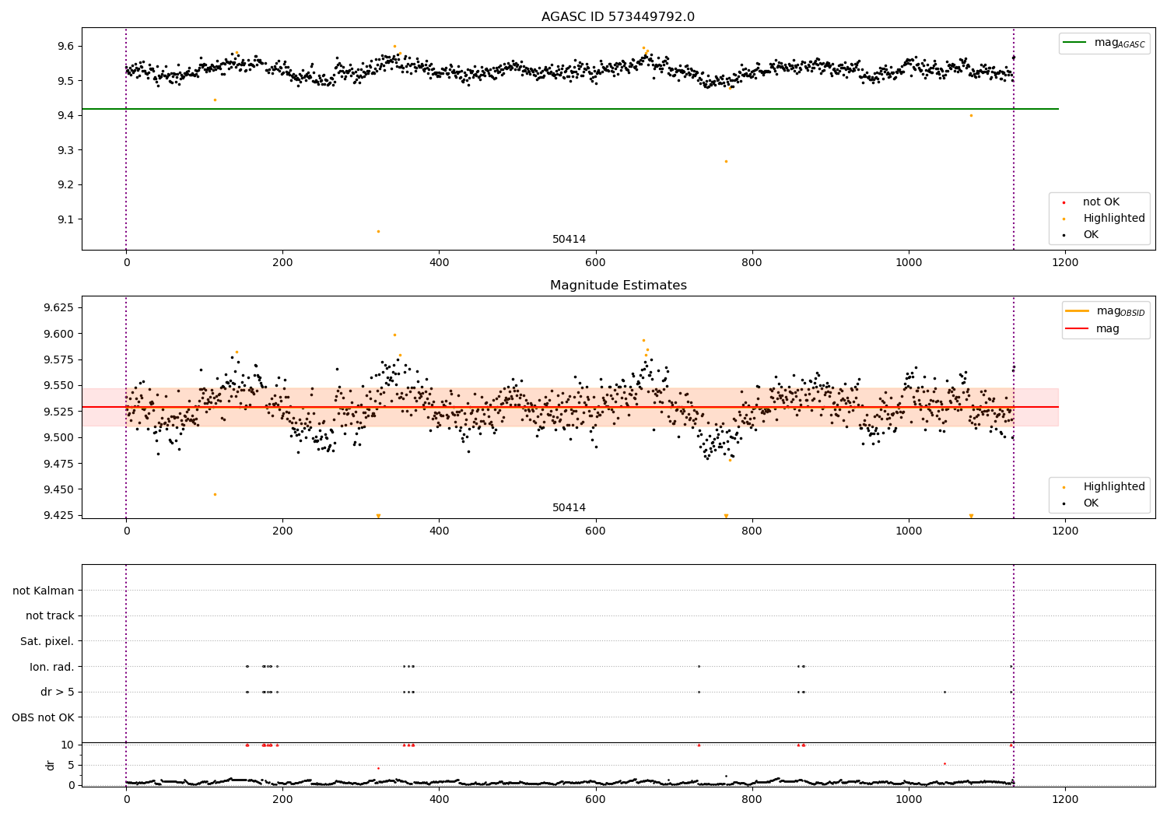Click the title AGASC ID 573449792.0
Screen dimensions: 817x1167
(618, 17)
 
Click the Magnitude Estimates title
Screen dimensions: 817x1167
(618, 286)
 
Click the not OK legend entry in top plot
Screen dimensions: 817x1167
(1101, 202)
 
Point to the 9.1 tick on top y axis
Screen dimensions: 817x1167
(64, 219)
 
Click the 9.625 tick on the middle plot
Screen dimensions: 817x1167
(58, 307)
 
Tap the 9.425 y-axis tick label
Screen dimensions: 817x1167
(58, 515)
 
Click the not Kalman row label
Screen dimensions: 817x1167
(44, 591)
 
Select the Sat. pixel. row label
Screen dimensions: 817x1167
(47, 641)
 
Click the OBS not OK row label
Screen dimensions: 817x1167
(44, 717)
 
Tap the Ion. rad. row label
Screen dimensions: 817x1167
(52, 667)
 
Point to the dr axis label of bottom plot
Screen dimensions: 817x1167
(51, 765)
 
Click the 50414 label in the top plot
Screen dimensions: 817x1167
(569, 240)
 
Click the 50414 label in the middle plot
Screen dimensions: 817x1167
(569, 508)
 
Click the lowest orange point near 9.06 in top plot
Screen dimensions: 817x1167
(378, 231)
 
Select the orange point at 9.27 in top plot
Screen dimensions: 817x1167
(726, 161)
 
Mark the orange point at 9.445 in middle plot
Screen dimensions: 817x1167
(215, 494)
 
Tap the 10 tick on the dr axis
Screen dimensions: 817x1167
(68, 745)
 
